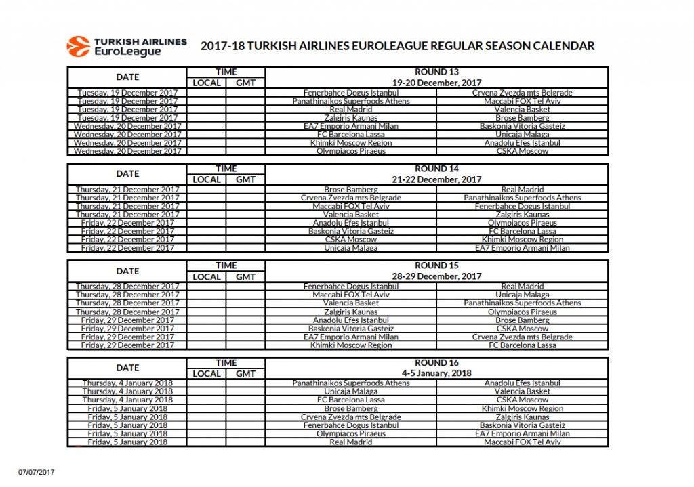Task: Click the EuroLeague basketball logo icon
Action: [x=78, y=46]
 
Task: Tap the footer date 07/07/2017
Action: [x=35, y=471]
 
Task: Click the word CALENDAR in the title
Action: [x=564, y=46]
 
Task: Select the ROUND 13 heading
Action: [x=436, y=72]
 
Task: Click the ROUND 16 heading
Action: [x=436, y=362]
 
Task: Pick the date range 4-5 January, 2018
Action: [x=436, y=373]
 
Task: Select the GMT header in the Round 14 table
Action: [x=245, y=179]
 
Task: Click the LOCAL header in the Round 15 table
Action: [x=207, y=276]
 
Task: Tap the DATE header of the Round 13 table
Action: [x=127, y=77]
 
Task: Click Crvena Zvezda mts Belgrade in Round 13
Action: [x=522, y=93]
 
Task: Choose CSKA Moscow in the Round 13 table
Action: [x=522, y=151]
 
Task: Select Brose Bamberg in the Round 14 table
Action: [x=350, y=190]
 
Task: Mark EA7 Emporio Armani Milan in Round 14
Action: [x=522, y=248]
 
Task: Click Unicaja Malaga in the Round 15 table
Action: [x=522, y=295]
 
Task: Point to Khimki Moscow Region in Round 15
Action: [x=350, y=345]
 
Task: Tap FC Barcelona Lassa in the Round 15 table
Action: [x=522, y=345]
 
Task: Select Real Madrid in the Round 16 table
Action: [x=350, y=442]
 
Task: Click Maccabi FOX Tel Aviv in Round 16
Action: [x=522, y=442]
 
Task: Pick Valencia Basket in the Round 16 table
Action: [x=522, y=391]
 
